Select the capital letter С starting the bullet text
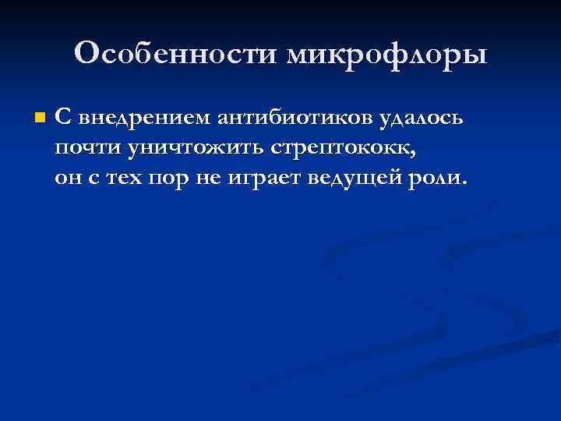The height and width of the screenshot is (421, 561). (x=64, y=119)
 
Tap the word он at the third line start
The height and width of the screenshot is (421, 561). (x=67, y=178)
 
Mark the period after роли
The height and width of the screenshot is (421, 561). (x=465, y=183)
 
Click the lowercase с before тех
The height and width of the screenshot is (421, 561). (x=94, y=179)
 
